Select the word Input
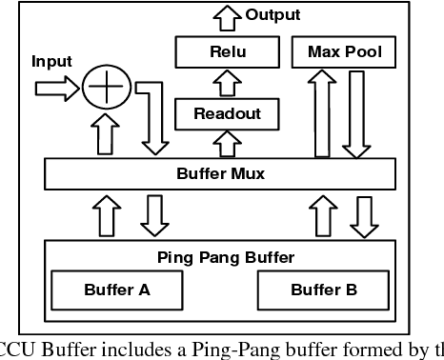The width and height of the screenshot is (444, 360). tap(52, 62)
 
